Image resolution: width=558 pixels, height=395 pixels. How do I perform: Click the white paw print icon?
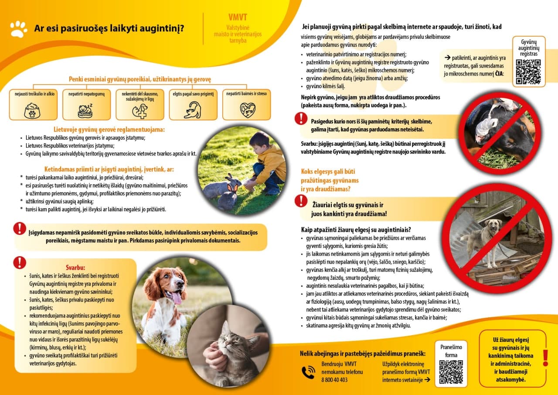(19, 29)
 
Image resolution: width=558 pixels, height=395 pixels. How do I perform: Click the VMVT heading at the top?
(238, 17)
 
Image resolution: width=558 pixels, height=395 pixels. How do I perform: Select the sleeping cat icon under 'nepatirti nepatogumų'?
(86, 111)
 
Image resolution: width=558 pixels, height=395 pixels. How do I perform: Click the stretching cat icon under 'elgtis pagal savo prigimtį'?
(192, 110)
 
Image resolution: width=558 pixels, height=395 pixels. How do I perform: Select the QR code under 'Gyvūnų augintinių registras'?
(528, 72)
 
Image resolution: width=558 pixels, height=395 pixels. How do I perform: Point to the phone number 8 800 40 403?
(334, 380)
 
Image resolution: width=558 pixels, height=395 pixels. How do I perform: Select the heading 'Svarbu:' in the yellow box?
(75, 268)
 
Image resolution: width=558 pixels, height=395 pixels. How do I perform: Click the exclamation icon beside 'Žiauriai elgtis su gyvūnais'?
(301, 200)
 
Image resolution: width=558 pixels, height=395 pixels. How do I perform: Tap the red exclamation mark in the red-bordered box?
(545, 357)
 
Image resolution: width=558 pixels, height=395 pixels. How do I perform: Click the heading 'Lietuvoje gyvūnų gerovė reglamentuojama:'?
(109, 130)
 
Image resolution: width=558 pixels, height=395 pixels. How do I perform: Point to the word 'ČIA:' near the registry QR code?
(499, 74)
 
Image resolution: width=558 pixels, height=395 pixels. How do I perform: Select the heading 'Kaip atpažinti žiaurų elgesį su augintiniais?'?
(356, 230)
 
